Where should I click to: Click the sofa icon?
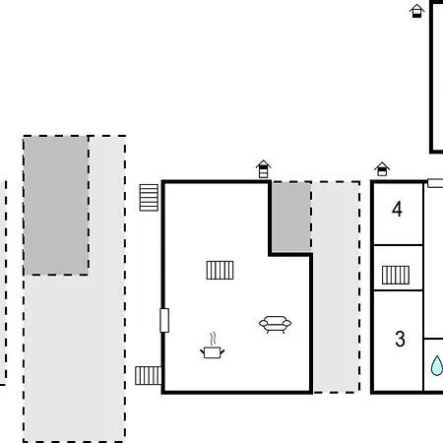pos(275,324)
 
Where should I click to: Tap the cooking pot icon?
pos(213,352)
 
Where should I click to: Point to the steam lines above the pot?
pos(213,339)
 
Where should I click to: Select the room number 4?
pos(397,209)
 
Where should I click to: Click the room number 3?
pos(400,339)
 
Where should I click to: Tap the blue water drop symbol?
pos(437,365)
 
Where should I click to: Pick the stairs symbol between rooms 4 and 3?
pos(396,275)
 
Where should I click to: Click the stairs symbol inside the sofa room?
pos(220,270)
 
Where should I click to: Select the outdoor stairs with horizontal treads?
pos(149,198)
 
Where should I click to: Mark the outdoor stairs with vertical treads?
pos(149,376)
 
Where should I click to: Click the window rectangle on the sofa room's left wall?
pos(164,320)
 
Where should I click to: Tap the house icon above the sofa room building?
pos(263,169)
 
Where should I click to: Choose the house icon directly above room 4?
pos(382,169)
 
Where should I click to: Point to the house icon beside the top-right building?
pos(416,11)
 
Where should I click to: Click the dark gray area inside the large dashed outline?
pos(56,206)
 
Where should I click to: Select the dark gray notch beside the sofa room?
pos(291,218)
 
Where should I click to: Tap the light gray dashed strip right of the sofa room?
pos(336,287)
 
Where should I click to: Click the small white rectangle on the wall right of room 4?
pos(435,183)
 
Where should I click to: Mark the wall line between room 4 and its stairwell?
pos(398,245)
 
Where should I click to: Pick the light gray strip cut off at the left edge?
pos(3,283)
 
